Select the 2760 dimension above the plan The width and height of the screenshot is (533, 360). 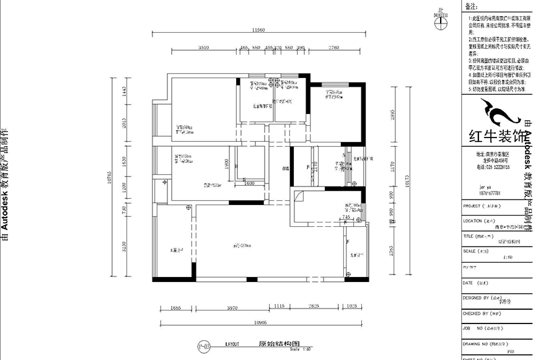click(x=334, y=47)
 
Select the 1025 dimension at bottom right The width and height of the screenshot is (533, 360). click(x=352, y=306)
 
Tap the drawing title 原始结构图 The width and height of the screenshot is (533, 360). click(x=270, y=342)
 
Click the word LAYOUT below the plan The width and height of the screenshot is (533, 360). click(x=232, y=342)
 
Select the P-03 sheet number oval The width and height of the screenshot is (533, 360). click(x=203, y=343)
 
